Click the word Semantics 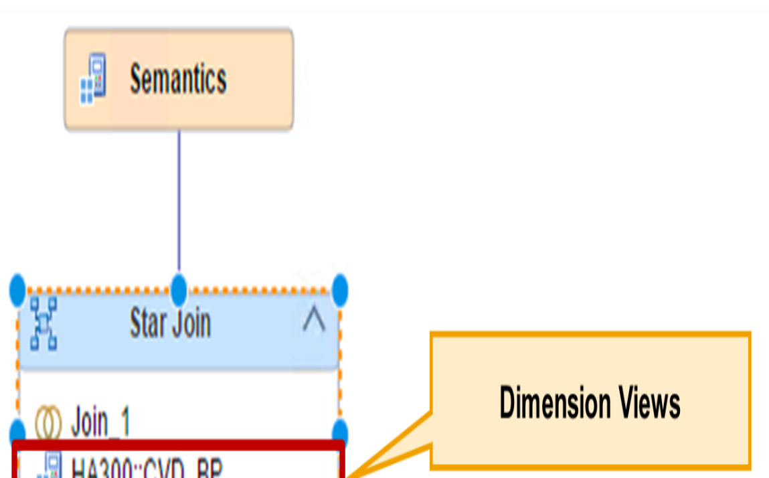pos(178,79)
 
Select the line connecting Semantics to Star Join pos(179,201)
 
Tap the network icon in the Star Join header pos(44,324)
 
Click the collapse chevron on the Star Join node pos(313,323)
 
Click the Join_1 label pos(100,423)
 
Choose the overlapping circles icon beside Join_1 pos(48,423)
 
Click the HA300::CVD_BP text pos(147,467)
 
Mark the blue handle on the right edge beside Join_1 pos(340,430)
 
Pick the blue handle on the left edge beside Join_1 pos(17,430)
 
